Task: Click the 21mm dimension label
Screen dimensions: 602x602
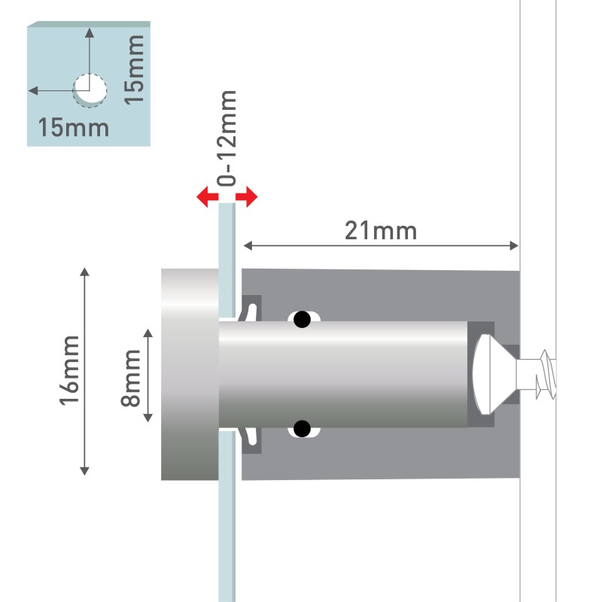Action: coord(381,231)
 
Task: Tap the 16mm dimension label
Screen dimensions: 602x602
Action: coord(69,370)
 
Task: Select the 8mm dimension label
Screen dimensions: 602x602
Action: coord(130,378)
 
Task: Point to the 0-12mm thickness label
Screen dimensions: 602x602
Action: coord(227,138)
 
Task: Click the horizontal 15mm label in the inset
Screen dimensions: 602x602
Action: coord(74,127)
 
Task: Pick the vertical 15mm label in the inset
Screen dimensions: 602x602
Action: coord(135,69)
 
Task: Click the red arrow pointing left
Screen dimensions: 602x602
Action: coord(208,197)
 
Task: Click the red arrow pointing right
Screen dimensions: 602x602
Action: coord(247,197)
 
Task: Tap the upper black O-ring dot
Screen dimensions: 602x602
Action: coord(303,319)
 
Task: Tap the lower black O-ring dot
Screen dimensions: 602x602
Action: coord(303,429)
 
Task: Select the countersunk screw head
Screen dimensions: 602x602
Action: coord(495,374)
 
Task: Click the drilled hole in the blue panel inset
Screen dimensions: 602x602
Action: coord(90,90)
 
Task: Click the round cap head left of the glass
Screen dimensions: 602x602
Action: coord(190,374)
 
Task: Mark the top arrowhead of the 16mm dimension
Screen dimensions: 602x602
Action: coord(84,272)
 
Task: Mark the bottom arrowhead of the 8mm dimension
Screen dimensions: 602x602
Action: coord(148,418)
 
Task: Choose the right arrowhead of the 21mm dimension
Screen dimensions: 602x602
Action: coord(514,246)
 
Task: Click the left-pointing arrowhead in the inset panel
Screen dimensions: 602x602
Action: coord(33,90)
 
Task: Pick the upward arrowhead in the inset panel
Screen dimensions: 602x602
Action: coord(90,32)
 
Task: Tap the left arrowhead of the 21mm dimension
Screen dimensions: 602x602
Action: coord(248,246)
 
